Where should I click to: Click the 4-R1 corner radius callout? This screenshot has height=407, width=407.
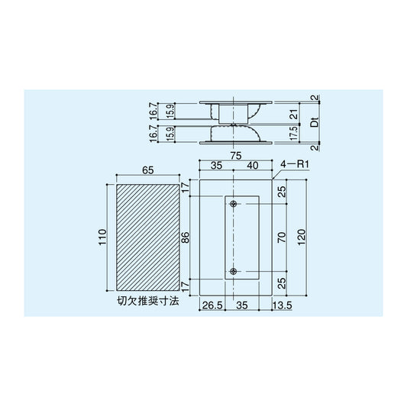[x=293, y=163]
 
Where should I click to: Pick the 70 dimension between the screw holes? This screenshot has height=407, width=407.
[x=282, y=237]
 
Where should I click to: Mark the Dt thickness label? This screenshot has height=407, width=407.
[x=314, y=122]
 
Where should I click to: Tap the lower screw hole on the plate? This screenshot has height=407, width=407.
[x=234, y=272]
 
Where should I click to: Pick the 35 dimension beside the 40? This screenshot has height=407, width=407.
[x=217, y=166]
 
